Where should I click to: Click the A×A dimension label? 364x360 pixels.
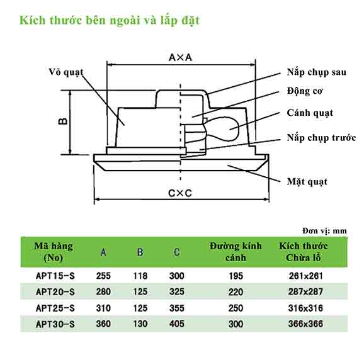pos(180,57)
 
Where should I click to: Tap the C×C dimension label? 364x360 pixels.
pos(180,193)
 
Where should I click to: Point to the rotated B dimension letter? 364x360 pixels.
pos(62,121)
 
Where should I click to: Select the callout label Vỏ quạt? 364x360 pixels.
pos(66,72)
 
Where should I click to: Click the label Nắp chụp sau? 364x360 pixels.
pos(316,72)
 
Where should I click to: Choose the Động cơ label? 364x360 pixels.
pos(305,91)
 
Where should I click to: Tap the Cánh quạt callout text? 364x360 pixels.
pos(310,113)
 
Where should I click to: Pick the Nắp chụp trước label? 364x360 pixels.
pos(321,138)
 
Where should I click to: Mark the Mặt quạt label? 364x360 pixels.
pos(307,182)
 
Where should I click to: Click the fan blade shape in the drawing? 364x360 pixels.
pos(223,129)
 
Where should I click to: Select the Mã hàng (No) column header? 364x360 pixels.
pos(54,252)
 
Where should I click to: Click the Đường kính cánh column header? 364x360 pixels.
pos(236,252)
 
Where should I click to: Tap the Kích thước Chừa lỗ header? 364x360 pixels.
pos(304,252)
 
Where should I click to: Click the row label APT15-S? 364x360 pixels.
pos(55,276)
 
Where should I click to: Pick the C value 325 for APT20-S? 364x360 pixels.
pos(177,291)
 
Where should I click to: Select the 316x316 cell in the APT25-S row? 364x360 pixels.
pos(305,308)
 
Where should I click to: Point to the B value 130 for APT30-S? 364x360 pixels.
pos(140,324)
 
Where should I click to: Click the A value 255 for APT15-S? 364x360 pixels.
pos(103,276)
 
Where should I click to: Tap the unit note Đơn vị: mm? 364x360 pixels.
pos(324,231)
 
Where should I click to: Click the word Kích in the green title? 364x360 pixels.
pos(32,20)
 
